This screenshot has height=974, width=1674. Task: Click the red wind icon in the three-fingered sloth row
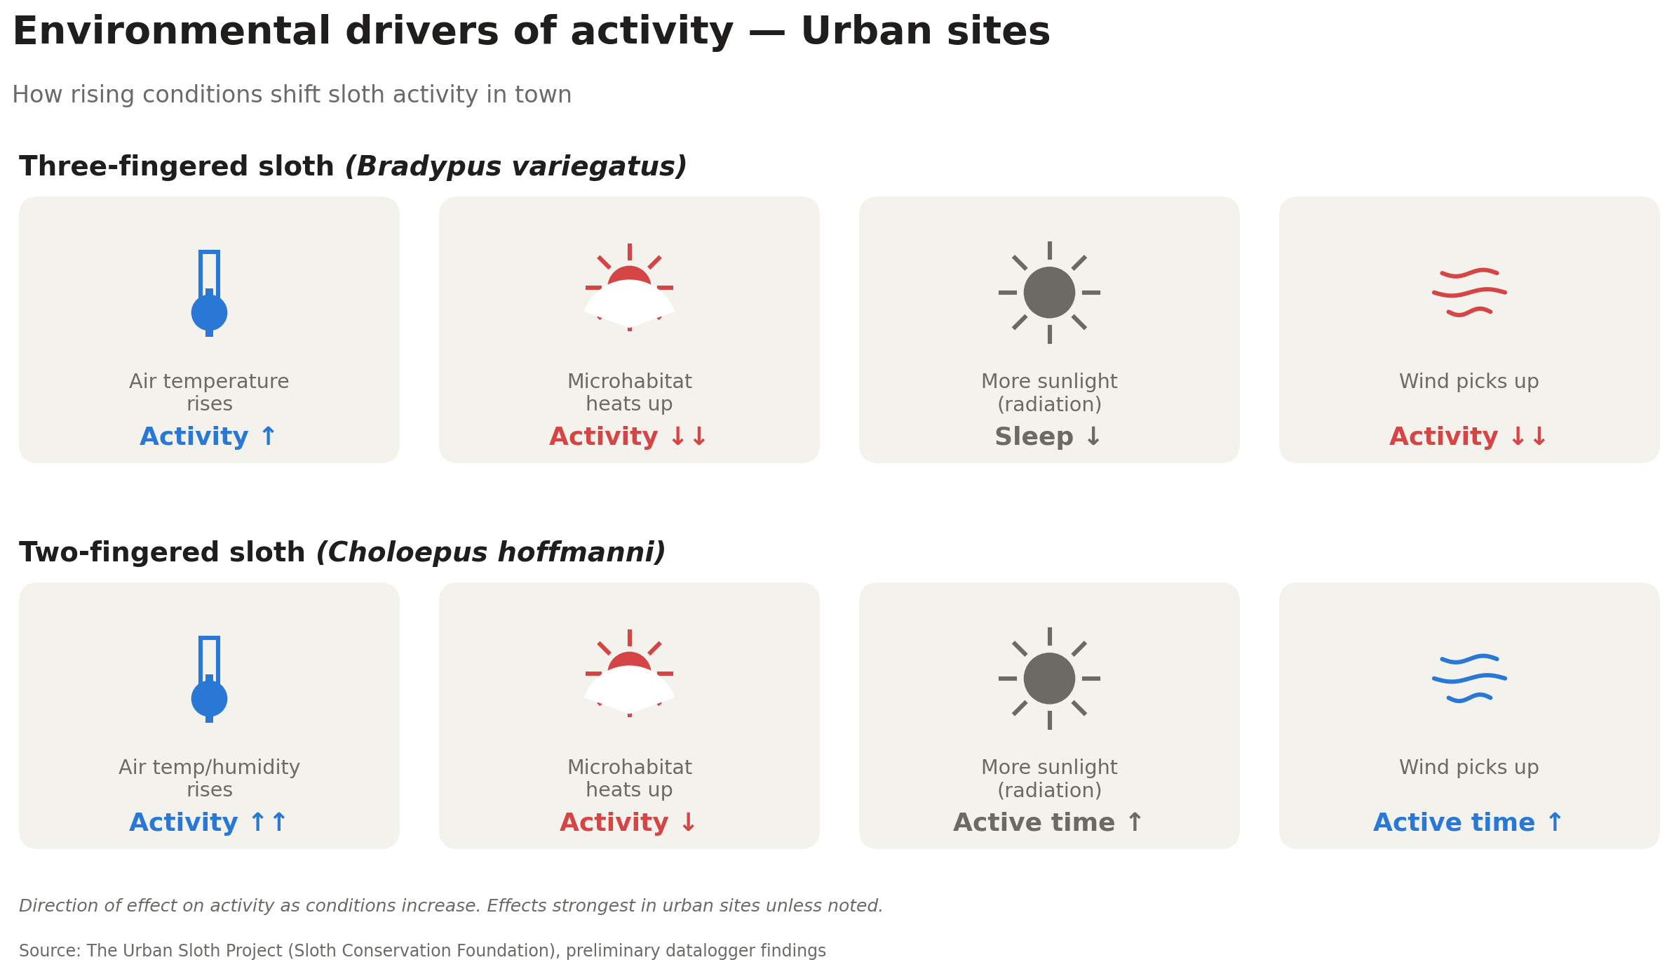coord(1469,293)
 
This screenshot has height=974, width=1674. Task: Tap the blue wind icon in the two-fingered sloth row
coord(1469,679)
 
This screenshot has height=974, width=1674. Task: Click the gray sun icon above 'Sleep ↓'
coord(1049,293)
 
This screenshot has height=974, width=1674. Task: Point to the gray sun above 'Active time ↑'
coord(1049,679)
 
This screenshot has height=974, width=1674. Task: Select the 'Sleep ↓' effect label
coord(1048,437)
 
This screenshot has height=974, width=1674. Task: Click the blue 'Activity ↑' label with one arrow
coord(209,437)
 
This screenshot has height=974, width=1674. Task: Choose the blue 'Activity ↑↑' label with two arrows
coord(209,823)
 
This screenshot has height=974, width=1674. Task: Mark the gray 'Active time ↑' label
coord(1048,823)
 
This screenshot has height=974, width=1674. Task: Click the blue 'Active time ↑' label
coord(1469,823)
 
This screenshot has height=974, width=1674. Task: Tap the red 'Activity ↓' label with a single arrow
coord(629,823)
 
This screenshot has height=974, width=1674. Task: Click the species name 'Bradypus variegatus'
coord(516,167)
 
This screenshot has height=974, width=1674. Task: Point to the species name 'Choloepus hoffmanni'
coord(491,553)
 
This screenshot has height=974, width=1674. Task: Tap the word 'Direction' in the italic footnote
coord(58,906)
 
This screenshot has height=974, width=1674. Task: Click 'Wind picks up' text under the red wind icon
coord(1469,382)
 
